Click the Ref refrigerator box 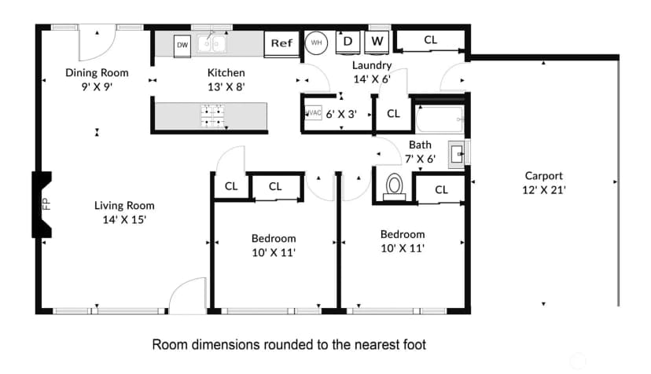[281, 44]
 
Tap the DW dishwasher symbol [182, 45]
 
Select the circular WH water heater [316, 42]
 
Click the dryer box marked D [348, 42]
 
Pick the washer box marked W [377, 42]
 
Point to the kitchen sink [211, 43]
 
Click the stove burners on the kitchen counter [213, 115]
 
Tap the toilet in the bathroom [394, 187]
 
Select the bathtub [440, 119]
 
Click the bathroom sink [457, 155]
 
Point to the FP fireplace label [46, 203]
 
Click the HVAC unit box [314, 113]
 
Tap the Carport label [544, 176]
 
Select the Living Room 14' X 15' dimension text [124, 219]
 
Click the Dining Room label [97, 73]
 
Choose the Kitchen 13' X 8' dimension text [226, 87]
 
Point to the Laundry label [372, 65]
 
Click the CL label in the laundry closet [431, 40]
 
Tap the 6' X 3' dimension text [341, 114]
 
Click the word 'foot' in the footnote [414, 344]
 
